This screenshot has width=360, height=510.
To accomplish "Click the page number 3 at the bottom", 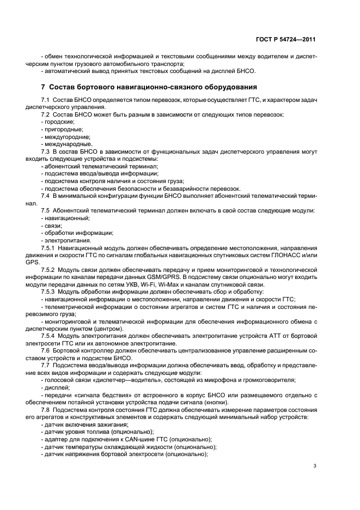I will point(315,465).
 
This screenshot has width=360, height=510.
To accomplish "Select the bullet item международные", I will point(63,144).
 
